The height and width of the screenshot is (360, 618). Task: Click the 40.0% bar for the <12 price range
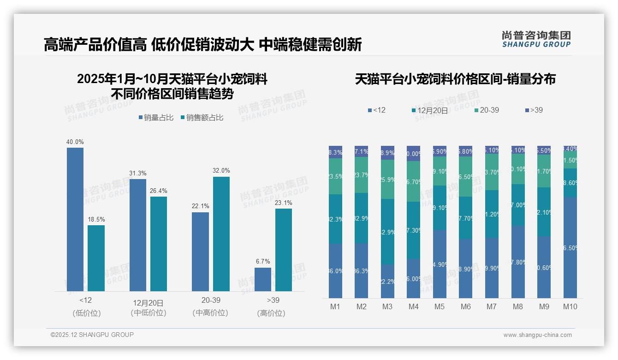coord(75,219)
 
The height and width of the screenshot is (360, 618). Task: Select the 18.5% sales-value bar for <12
coord(96,258)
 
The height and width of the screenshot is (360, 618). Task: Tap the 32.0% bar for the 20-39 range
coord(221,234)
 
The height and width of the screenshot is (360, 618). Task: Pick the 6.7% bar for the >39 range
coord(263,279)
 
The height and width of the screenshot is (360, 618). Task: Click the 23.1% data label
coord(284,203)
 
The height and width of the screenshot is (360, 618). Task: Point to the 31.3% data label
coord(138,173)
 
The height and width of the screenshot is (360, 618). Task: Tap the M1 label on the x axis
coord(335,306)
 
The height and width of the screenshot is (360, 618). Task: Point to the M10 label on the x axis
coord(570,306)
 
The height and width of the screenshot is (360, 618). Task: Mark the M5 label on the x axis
coord(440,306)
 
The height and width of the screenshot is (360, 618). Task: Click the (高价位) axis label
coord(271,313)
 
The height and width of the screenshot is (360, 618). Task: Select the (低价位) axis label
coord(86,313)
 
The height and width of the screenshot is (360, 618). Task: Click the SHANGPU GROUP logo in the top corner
coord(536,39)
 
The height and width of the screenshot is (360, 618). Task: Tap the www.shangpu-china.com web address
coord(537,335)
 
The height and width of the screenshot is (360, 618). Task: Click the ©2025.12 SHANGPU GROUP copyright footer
coord(92,335)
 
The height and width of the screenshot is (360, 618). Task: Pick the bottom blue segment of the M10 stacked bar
coord(570,247)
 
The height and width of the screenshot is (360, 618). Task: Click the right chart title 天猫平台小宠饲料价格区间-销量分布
coord(455,79)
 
